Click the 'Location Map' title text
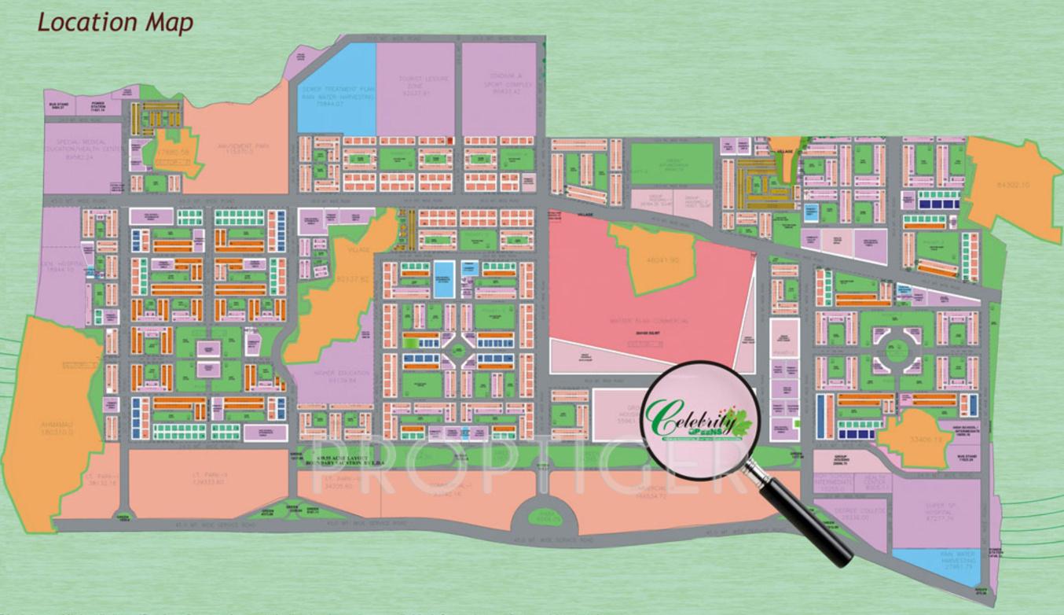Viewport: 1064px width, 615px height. [115, 22]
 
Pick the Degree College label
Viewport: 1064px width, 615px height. [853, 514]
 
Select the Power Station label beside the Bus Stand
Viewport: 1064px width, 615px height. [97, 105]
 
